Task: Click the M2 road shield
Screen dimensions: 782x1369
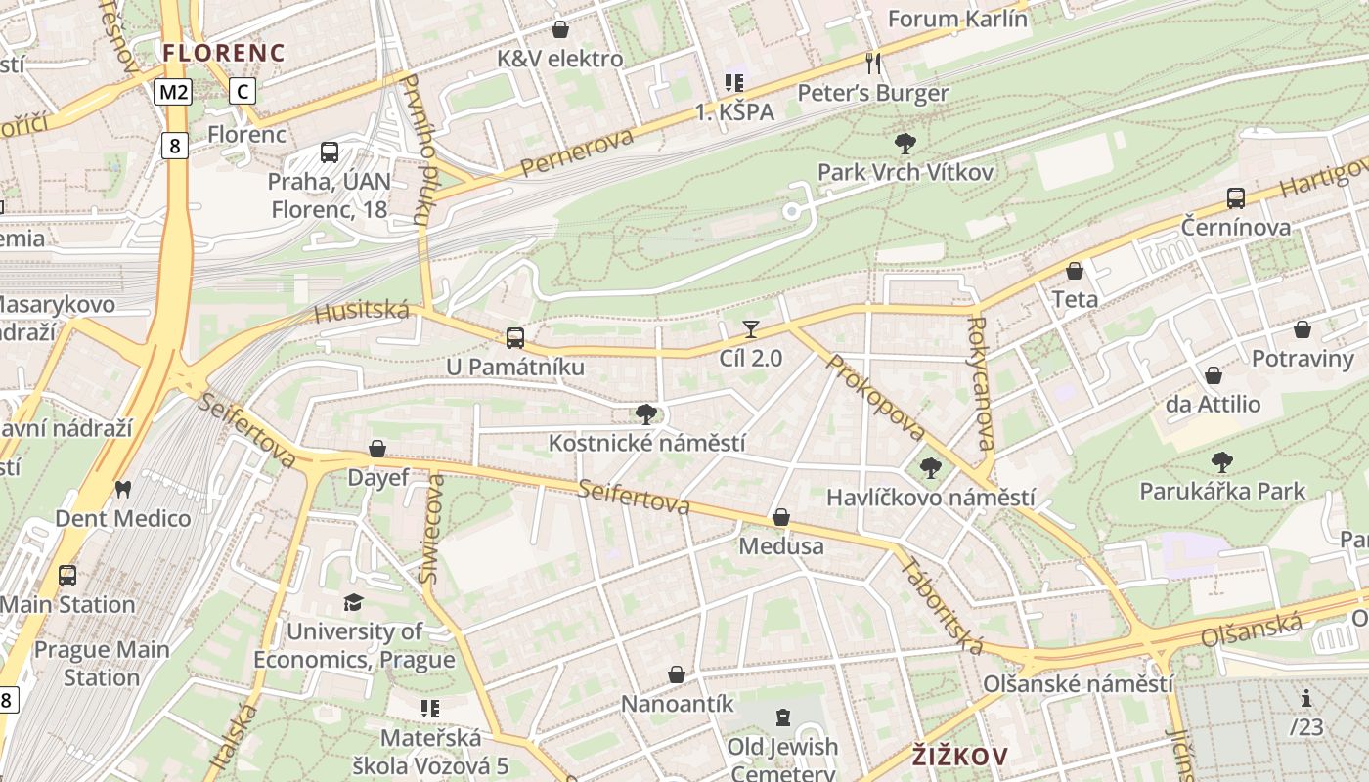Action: coord(173,92)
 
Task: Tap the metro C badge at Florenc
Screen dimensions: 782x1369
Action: coord(243,92)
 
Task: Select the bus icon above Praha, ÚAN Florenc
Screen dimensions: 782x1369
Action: coord(330,152)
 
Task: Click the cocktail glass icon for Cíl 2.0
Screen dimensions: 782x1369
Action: coord(751,329)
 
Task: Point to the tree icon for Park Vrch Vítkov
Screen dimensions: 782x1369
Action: coord(905,144)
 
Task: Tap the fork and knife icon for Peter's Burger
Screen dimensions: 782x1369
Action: coord(873,64)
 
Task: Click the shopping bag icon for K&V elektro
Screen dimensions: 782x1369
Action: coord(560,29)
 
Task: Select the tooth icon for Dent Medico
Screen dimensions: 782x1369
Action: coord(122,489)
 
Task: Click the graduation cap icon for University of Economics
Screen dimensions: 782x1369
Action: coord(353,602)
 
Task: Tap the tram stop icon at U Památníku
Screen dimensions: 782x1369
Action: coord(515,338)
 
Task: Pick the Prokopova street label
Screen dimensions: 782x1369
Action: coord(876,396)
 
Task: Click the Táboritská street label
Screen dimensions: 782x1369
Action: coord(942,606)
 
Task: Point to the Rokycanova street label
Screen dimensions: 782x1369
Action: coord(982,382)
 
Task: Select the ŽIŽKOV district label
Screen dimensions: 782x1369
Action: coord(959,756)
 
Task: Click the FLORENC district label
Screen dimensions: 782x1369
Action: coord(224,53)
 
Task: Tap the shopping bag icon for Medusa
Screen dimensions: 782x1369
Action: coord(781,516)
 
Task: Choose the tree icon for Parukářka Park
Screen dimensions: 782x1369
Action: coord(1221,461)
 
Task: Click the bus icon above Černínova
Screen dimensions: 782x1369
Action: coord(1235,198)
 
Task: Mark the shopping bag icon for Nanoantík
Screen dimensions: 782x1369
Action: coord(677,674)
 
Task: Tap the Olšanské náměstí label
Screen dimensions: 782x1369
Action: coord(1078,683)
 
